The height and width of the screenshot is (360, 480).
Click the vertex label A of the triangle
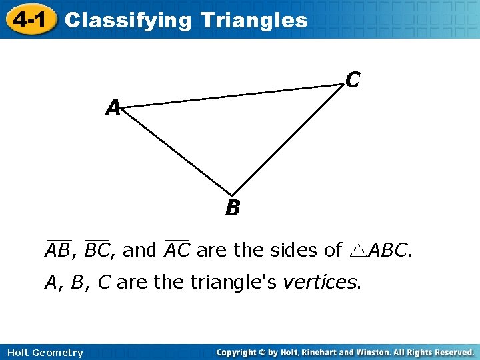(113, 107)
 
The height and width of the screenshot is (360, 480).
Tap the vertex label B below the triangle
(232, 209)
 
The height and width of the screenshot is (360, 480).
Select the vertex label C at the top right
(353, 80)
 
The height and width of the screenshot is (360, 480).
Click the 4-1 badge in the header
(29, 19)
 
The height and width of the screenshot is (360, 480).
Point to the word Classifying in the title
(127, 21)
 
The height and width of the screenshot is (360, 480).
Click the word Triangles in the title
(254, 21)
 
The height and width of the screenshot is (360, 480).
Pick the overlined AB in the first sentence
(59, 250)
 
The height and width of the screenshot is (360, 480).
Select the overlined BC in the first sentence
(97, 250)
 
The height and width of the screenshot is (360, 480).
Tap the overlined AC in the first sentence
(177, 250)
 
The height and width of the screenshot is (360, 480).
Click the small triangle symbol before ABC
(357, 251)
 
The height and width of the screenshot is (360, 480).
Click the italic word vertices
(321, 283)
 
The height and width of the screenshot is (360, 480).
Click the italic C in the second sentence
(103, 283)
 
